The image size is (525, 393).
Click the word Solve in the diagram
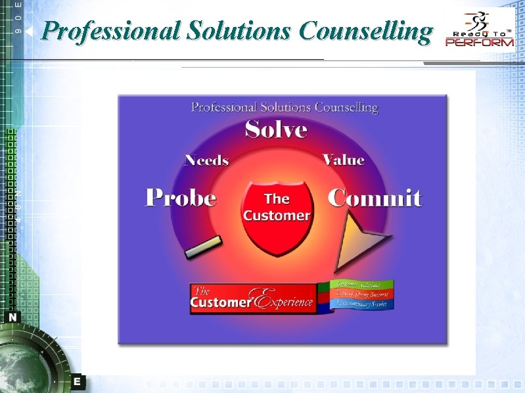[276, 129]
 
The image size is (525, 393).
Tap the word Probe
[181, 198]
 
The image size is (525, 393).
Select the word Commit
[375, 198]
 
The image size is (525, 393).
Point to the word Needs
[206, 160]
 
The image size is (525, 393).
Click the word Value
[343, 160]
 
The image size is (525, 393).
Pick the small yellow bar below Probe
[203, 248]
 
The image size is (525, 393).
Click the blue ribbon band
[361, 304]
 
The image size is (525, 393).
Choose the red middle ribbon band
[361, 294]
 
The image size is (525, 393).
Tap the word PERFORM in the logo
[480, 43]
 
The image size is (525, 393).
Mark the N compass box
[13, 317]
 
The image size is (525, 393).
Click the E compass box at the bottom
[77, 381]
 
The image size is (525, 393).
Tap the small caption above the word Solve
[285, 106]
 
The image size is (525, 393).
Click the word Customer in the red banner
[221, 302]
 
